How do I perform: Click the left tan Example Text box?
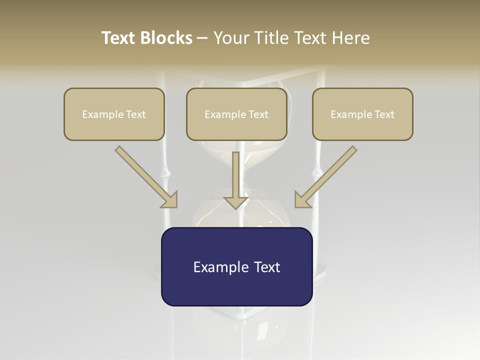point(114,114)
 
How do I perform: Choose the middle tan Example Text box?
point(236,114)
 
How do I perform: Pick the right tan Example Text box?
point(362,114)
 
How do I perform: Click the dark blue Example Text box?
point(236,266)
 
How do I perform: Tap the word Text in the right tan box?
point(384,114)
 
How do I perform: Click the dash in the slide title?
point(202,38)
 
